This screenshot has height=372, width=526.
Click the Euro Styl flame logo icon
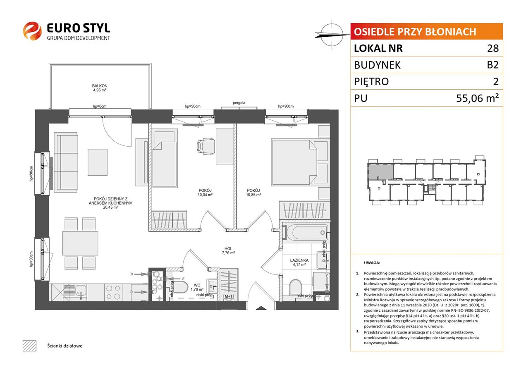click(32, 31)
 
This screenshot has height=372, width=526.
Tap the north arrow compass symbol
click(332, 35)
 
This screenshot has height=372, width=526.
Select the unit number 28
click(493, 48)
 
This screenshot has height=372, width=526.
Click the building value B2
click(493, 65)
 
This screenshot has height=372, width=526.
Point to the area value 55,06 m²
click(477, 98)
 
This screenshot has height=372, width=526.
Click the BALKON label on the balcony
click(100, 86)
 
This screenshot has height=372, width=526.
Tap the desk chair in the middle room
click(206, 146)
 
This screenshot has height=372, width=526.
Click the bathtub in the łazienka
click(305, 233)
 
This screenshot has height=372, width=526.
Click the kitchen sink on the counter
click(81, 292)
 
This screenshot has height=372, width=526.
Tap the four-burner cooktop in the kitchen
click(113, 292)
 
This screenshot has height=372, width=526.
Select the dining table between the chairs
click(80, 243)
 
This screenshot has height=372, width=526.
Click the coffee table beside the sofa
click(98, 162)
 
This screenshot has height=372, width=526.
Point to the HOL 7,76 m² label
click(228, 250)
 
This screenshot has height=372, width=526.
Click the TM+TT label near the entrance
click(229, 296)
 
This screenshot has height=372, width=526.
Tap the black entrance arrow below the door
click(261, 308)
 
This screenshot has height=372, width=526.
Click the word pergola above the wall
click(239, 103)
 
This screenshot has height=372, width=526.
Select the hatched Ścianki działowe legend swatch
click(30, 346)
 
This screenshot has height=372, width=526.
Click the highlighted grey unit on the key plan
click(380, 172)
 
